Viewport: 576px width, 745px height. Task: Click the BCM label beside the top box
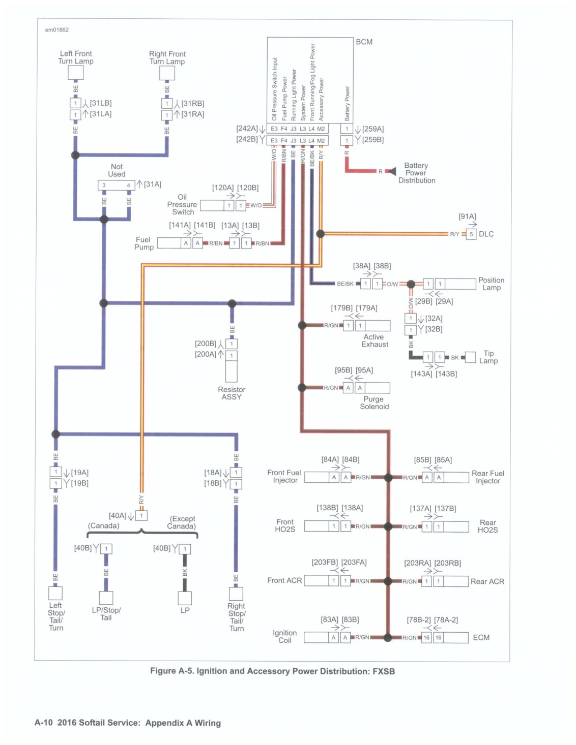[x=363, y=42]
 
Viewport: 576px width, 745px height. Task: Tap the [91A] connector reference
[x=467, y=216]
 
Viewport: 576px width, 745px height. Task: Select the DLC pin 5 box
[x=471, y=234]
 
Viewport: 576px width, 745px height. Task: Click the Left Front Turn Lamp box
[x=75, y=73]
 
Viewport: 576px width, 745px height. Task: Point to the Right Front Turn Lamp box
[x=167, y=73]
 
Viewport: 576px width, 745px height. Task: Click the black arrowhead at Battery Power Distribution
[x=392, y=171]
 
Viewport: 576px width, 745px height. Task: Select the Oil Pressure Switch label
[x=182, y=204]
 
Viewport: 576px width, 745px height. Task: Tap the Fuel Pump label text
[x=143, y=243]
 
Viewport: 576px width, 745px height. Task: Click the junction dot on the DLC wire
[x=320, y=234]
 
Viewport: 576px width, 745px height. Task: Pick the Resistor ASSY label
[x=232, y=393]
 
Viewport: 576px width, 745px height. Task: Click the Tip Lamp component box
[x=470, y=357]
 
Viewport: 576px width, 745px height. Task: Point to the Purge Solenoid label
[x=374, y=402]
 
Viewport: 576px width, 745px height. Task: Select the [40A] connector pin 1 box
[x=141, y=515]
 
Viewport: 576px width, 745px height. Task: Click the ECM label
[x=481, y=637]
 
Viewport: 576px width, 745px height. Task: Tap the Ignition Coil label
[x=284, y=636]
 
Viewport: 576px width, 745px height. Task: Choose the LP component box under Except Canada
[x=185, y=598]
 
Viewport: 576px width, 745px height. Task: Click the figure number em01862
[x=56, y=30]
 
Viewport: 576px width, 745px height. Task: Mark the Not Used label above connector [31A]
[x=117, y=170]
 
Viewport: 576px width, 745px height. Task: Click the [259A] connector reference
[x=373, y=129]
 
